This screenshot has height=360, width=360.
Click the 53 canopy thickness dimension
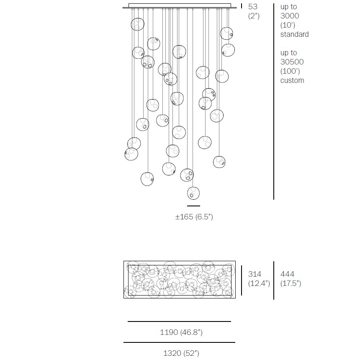(253, 7)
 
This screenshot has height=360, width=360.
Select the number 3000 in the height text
(290, 16)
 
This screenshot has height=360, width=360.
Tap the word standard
(294, 34)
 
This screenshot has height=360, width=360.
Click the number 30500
(292, 62)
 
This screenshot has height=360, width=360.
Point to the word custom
(292, 80)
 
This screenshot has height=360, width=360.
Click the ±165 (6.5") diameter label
(194, 217)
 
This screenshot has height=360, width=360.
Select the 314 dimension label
(255, 274)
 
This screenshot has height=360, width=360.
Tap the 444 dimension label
(287, 274)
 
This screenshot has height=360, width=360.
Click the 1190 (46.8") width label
(181, 332)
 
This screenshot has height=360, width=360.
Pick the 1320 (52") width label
(181, 353)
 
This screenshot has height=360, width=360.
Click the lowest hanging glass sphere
(193, 193)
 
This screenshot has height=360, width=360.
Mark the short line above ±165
(193, 206)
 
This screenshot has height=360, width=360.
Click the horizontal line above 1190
(179, 321)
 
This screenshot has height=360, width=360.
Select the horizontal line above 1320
(179, 342)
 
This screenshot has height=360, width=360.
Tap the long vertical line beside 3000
(274, 100)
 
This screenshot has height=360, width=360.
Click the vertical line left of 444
(274, 280)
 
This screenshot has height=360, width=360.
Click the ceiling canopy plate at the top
(180, 6)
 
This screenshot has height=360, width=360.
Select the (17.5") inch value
(291, 283)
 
